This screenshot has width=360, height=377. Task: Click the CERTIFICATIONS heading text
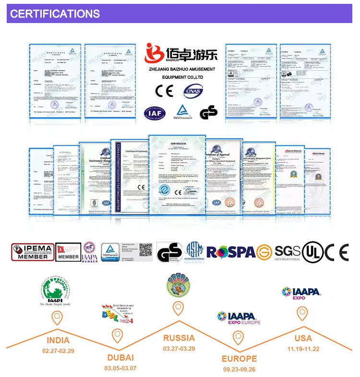55,13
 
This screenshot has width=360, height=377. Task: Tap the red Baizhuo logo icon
155,54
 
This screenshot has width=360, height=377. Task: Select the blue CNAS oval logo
193,90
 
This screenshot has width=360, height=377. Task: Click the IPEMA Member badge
33,251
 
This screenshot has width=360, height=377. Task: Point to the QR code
145,250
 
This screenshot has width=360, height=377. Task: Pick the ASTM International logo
194,252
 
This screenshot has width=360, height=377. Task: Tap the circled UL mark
312,252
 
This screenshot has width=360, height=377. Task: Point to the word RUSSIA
179,338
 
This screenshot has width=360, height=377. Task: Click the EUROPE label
239,359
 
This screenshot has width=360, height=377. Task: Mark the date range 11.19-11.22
302,349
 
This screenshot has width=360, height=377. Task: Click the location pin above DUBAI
117,336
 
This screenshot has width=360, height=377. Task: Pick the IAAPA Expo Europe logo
239,317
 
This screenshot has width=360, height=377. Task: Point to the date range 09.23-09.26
239,369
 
